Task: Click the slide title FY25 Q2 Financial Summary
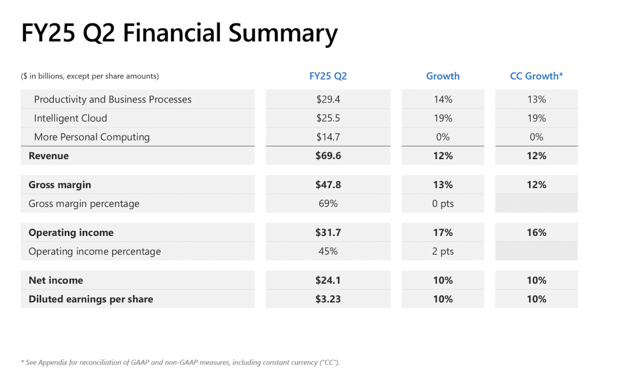point(179,33)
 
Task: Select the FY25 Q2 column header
point(328,76)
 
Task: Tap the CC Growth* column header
point(536,76)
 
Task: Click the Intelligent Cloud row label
point(71,118)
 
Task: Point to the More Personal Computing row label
point(92,137)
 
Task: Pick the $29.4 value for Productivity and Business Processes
point(328,99)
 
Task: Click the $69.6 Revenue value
point(328,156)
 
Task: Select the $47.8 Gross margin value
point(328,185)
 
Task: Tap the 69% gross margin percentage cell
point(328,203)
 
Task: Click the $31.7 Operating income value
point(328,233)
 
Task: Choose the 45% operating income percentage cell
point(328,251)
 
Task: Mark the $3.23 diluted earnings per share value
point(328,299)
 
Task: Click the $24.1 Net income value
point(328,280)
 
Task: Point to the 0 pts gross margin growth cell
point(443,203)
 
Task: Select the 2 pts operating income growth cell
point(443,251)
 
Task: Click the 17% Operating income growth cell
point(443,233)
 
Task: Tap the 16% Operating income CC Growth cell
point(536,233)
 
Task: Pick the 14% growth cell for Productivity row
point(443,99)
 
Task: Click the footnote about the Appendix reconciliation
point(180,362)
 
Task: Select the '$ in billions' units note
point(90,76)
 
